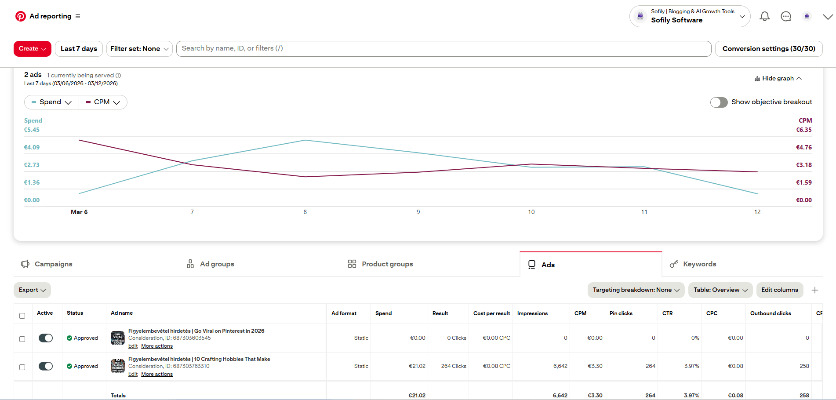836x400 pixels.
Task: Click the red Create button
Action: click(x=32, y=49)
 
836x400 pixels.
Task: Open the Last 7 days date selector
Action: click(x=79, y=49)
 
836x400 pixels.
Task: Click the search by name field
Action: click(x=443, y=49)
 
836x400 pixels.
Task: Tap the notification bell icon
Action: click(x=764, y=17)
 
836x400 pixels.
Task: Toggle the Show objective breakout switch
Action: click(x=719, y=102)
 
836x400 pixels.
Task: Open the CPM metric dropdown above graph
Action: click(x=103, y=102)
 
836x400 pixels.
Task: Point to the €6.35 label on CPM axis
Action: click(x=803, y=130)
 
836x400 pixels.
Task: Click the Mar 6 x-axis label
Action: click(x=79, y=212)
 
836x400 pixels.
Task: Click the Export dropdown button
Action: click(x=32, y=290)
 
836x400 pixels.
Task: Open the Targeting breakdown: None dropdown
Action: click(x=636, y=290)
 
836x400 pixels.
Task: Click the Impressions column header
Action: click(x=532, y=313)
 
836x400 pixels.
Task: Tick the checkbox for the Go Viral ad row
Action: click(x=22, y=339)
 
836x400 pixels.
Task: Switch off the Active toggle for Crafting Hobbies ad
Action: click(x=46, y=366)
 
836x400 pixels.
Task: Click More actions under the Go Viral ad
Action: click(x=157, y=346)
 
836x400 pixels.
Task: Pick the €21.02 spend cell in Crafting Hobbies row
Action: click(x=417, y=366)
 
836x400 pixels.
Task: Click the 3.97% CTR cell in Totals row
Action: click(x=691, y=396)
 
